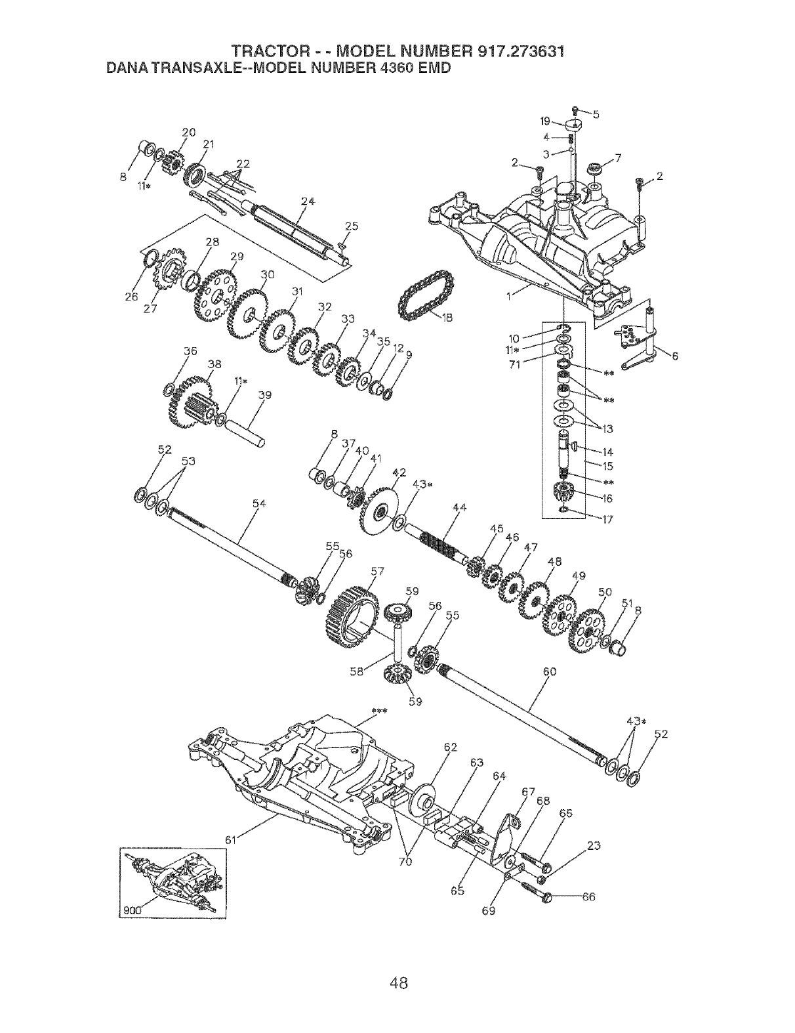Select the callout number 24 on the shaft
pyautogui.click(x=304, y=201)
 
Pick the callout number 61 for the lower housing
pyautogui.click(x=230, y=839)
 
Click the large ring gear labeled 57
pyautogui.click(x=352, y=616)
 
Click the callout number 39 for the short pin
pyautogui.click(x=264, y=396)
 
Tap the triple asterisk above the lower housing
pyautogui.click(x=378, y=711)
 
